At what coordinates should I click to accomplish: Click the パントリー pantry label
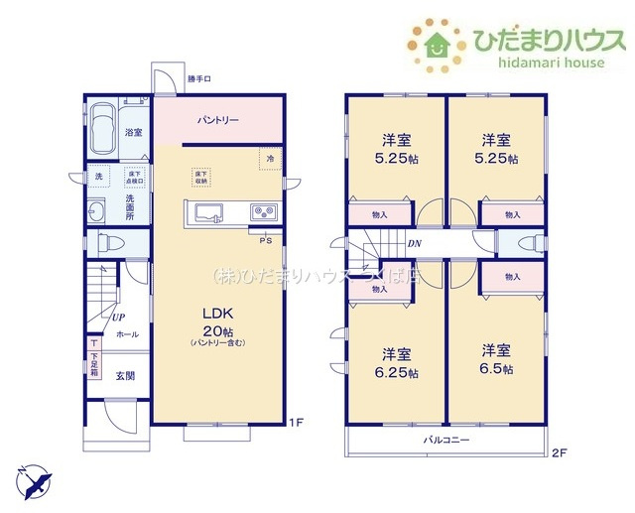217,120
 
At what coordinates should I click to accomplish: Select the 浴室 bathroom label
133,132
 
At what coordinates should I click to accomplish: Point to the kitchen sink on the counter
211,211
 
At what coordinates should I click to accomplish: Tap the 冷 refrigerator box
269,158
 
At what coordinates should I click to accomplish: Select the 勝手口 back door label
199,78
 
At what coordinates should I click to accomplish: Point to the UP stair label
118,318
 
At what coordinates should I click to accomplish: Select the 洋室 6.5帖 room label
497,359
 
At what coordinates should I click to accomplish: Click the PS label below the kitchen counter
265,239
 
